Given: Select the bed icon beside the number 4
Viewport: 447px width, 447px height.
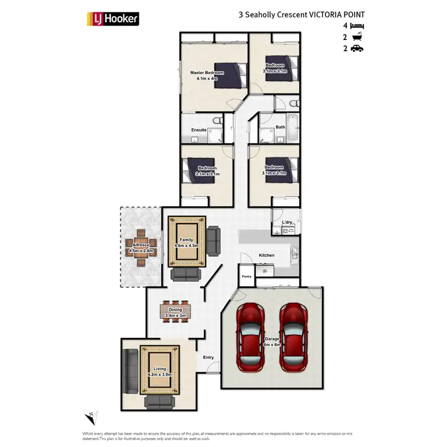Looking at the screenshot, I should tap(356, 26).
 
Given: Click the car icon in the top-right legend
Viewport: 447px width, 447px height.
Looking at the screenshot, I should tap(356, 49).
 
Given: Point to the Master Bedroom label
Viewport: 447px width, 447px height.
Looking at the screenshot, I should tap(207, 73).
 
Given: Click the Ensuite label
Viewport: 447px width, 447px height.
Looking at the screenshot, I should tap(199, 129).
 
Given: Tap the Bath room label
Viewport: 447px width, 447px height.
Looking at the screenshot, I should tap(280, 127).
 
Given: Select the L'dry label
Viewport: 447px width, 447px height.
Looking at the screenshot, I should tap(287, 222).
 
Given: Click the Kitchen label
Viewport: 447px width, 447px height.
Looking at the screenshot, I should tap(266, 255).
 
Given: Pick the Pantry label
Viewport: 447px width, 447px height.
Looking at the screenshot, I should tap(247, 277).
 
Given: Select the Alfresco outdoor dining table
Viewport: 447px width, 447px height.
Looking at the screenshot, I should tap(142, 244).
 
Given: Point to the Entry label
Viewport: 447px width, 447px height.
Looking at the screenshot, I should tap(208, 358).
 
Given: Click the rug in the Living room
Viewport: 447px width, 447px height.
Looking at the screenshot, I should tap(159, 372).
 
